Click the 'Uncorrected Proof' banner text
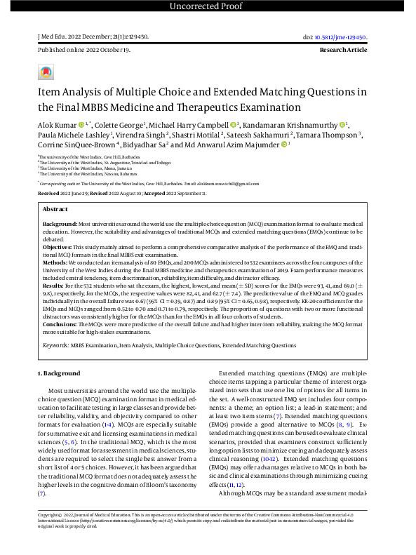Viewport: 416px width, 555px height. click(x=208, y=6)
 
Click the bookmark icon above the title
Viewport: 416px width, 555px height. click(x=46, y=72)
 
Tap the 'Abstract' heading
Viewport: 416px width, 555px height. click(x=55, y=209)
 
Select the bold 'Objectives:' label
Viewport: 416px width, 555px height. click(x=59, y=246)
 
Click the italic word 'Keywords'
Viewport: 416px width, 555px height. click(x=55, y=345)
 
